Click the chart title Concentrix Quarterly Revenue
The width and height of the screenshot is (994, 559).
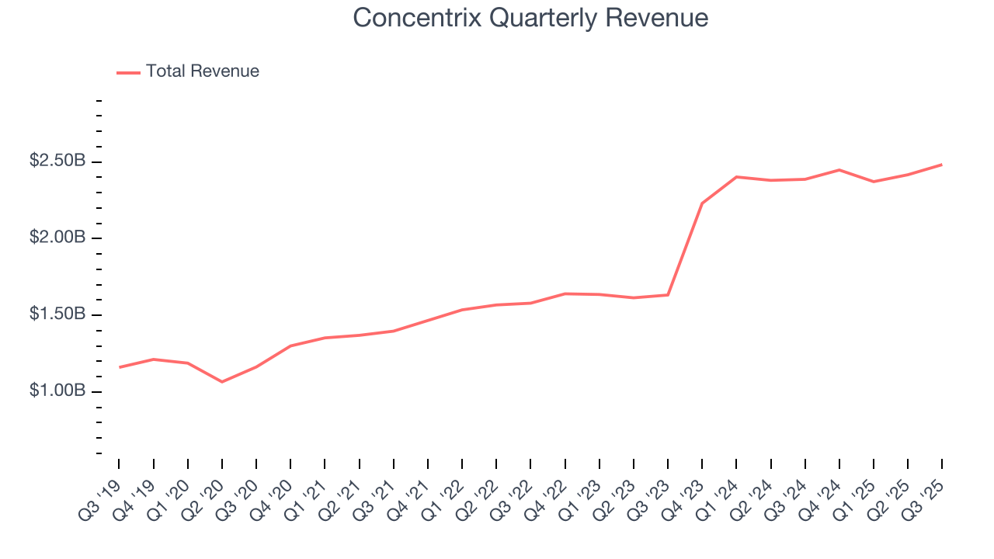click(530, 17)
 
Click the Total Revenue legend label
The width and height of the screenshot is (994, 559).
click(202, 71)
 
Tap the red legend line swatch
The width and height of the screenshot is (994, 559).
click(128, 72)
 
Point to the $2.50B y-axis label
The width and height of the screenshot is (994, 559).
click(57, 161)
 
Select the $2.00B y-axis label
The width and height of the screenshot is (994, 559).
click(57, 238)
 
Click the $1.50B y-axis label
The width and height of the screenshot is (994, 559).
click(57, 314)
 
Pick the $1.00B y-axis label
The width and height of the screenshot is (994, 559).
click(57, 391)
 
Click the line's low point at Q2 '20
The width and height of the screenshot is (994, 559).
click(222, 382)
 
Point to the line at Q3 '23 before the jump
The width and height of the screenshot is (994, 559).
click(668, 295)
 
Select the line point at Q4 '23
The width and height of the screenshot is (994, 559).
click(702, 203)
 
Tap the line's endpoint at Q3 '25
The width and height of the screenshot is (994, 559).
click(942, 165)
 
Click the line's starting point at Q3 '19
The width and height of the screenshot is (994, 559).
click(119, 367)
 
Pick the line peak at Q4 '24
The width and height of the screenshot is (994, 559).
click(839, 169)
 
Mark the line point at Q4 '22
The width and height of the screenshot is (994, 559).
click(565, 293)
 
